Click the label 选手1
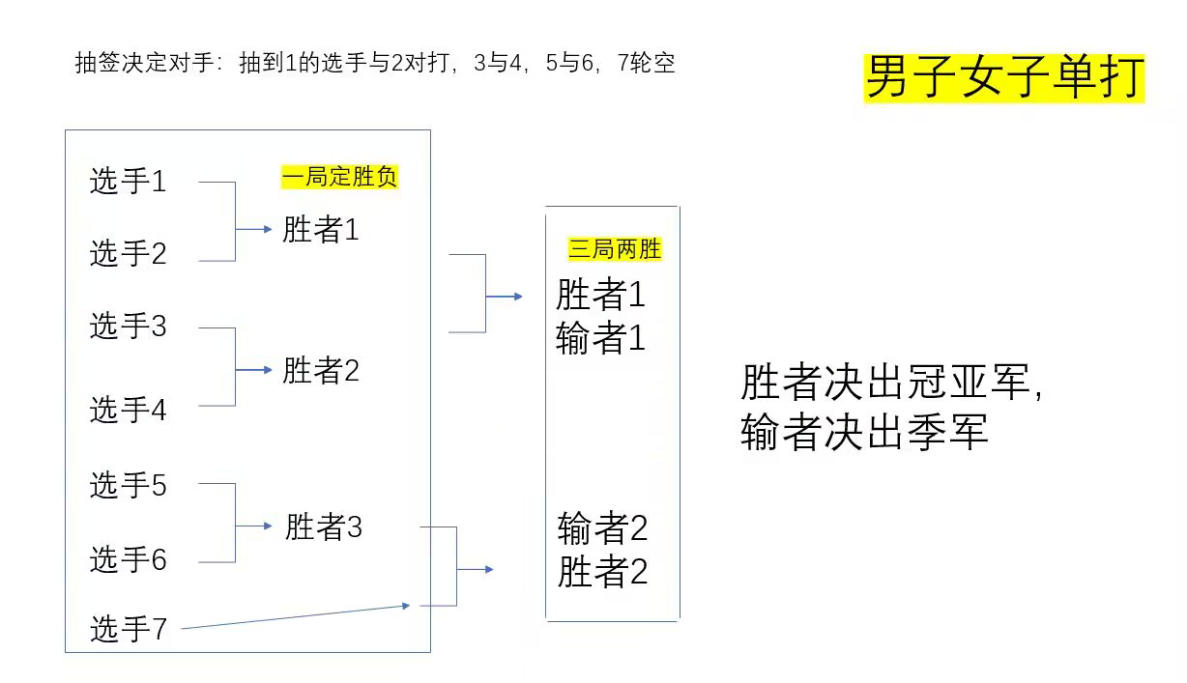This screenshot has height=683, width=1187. pos(128,182)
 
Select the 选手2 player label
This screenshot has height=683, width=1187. pos(128,254)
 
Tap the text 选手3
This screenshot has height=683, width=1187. pos(128,327)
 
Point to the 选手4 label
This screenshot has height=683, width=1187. pos(128,411)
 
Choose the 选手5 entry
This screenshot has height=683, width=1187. pos(128,485)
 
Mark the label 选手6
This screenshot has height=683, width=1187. pos(128,559)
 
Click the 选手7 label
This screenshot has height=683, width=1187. pos(128,630)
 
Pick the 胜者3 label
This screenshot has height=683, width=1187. pos(323,527)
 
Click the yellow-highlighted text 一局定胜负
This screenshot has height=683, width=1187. pos(339,177)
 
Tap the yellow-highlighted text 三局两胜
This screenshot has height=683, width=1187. pos(615,249)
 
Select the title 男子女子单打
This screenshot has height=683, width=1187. pos(1003,77)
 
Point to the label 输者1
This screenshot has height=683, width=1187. pos(600,338)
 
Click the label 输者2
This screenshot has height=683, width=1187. pos(602,528)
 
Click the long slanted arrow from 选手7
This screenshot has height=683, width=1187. pos(295,617)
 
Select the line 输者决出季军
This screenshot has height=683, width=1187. pos(864,432)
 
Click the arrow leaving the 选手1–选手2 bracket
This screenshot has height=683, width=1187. pos(253,229)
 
